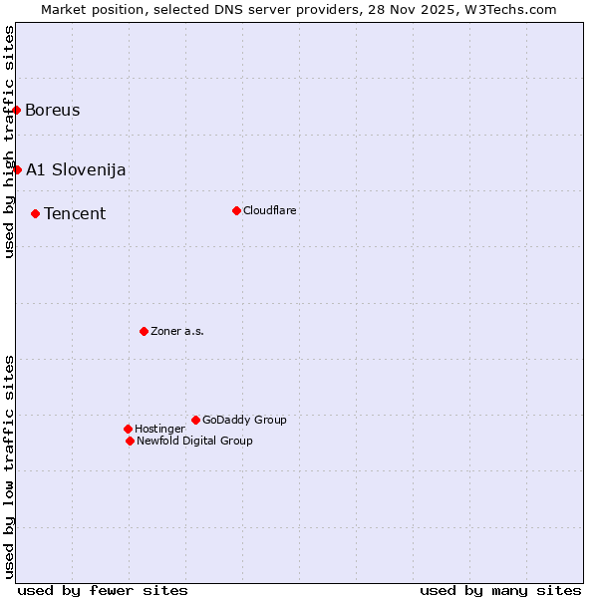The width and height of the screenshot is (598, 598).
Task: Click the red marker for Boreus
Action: click(17, 110)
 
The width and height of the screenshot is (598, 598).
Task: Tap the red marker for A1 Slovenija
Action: click(17, 169)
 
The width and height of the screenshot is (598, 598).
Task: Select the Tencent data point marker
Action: click(35, 213)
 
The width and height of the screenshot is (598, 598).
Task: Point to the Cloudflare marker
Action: click(236, 210)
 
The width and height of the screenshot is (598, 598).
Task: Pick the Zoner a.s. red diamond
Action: click(144, 331)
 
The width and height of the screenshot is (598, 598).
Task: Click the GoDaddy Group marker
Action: click(195, 420)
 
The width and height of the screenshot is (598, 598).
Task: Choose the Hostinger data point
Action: click(128, 429)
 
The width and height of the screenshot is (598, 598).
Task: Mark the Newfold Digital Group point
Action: click(130, 441)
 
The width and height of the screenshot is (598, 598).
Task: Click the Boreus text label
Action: click(53, 110)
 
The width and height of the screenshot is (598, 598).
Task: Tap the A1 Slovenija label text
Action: click(76, 169)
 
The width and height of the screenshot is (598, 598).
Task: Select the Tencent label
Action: click(75, 213)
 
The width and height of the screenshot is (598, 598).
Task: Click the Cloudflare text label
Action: click(270, 210)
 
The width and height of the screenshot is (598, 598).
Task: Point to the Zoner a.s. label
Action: click(177, 331)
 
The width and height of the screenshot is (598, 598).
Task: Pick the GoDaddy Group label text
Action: click(244, 420)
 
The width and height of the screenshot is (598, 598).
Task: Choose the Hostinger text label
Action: click(159, 429)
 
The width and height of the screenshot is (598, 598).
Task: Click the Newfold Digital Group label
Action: click(194, 441)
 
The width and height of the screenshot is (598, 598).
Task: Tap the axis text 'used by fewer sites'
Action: click(103, 590)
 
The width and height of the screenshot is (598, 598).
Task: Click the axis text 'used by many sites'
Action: click(500, 590)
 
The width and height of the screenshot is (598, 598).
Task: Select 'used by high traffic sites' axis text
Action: click(9, 142)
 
